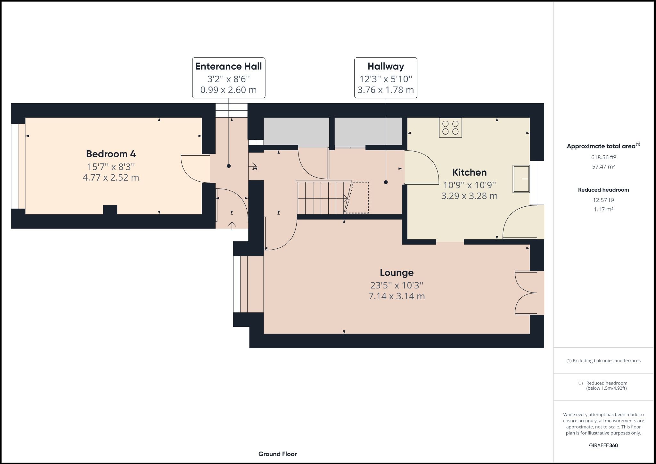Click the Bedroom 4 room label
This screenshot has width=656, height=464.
pyautogui.click(x=111, y=154)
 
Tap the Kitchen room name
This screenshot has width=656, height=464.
pyautogui.click(x=469, y=172)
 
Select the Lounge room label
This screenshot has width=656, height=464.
pyautogui.click(x=397, y=273)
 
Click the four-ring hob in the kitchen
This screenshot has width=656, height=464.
pyautogui.click(x=450, y=128)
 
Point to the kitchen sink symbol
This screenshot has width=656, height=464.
pyautogui.click(x=521, y=179)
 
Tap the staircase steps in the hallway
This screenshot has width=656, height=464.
pyautogui.click(x=322, y=198)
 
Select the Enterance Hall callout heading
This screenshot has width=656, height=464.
pyautogui.click(x=228, y=66)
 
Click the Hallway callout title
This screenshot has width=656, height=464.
pyautogui.click(x=385, y=66)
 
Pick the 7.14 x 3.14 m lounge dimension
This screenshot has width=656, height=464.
pyautogui.click(x=397, y=296)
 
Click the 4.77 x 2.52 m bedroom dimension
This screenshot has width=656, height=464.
pyautogui.click(x=111, y=178)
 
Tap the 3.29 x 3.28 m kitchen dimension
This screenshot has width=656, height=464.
pyautogui.click(x=469, y=196)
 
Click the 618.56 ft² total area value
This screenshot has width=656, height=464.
pyautogui.click(x=603, y=157)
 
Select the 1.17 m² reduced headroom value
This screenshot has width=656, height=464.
pyautogui.click(x=603, y=210)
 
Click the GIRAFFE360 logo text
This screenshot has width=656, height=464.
pyautogui.click(x=603, y=445)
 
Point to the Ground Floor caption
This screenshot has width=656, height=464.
pyautogui.click(x=277, y=454)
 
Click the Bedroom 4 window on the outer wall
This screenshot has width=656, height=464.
pyautogui.click(x=18, y=166)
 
